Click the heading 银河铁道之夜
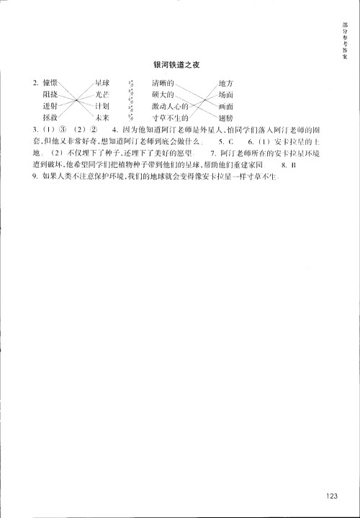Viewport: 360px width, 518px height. [x=176, y=64]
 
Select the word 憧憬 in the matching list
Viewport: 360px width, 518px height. [x=50, y=84]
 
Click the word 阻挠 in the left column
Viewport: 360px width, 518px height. [x=50, y=94]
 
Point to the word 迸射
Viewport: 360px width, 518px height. [x=50, y=105]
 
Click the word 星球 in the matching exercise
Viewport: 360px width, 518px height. [x=102, y=84]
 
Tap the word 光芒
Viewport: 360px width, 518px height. [x=102, y=94]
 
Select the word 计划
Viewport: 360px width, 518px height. [x=102, y=105]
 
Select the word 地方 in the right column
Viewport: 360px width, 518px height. [x=225, y=84]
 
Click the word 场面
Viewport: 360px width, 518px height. [x=225, y=94]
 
